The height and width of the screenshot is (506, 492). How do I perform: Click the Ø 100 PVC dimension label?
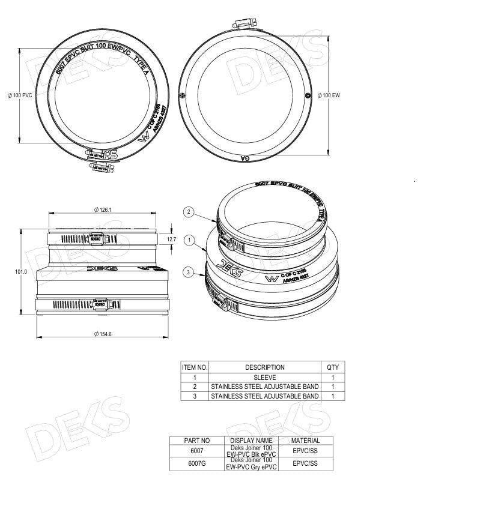pyautogui.click(x=19, y=96)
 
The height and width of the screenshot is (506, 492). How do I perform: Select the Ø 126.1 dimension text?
pyautogui.click(x=104, y=209)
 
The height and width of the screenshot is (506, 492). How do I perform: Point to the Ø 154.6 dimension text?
pyautogui.click(x=104, y=334)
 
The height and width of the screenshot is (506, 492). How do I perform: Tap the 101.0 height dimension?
pyautogui.click(x=21, y=272)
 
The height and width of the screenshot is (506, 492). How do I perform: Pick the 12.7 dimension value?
pyautogui.click(x=172, y=239)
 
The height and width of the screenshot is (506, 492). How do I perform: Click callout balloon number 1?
pyautogui.click(x=189, y=241)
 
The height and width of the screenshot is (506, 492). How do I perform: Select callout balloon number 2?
pyautogui.click(x=189, y=211)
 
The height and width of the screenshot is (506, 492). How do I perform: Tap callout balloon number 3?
pyautogui.click(x=189, y=273)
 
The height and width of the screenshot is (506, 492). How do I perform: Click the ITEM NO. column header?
pyautogui.click(x=195, y=367)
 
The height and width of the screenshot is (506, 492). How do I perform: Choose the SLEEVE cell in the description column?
pyautogui.click(x=264, y=378)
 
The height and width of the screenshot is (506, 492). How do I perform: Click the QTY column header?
pyautogui.click(x=332, y=367)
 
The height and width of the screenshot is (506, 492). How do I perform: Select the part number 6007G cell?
pyautogui.click(x=196, y=463)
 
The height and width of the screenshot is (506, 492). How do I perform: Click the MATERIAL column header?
pyautogui.click(x=305, y=441)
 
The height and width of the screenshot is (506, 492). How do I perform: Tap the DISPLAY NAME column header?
pyautogui.click(x=251, y=441)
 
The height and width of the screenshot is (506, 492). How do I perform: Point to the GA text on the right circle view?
pyautogui.click(x=245, y=158)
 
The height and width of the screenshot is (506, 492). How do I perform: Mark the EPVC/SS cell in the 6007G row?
pyautogui.click(x=305, y=463)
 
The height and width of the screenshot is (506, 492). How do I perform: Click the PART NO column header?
pyautogui.click(x=196, y=441)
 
